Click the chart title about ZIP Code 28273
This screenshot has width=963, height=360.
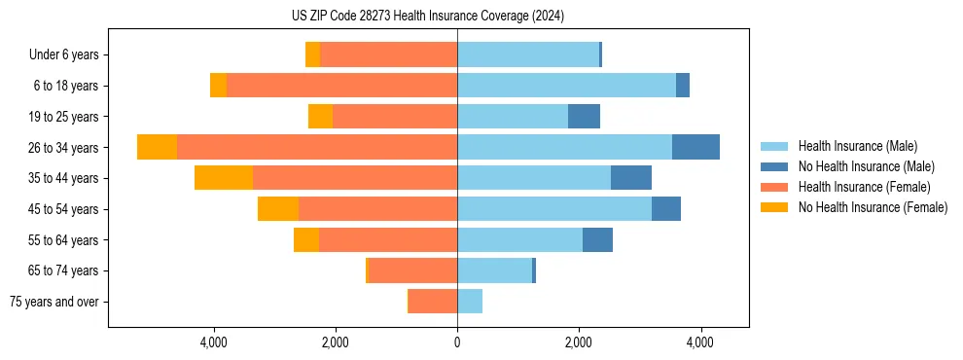pyautogui.click(x=427, y=16)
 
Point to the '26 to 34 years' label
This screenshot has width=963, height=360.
pyautogui.click(x=64, y=148)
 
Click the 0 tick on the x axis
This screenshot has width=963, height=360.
pyautogui.click(x=457, y=342)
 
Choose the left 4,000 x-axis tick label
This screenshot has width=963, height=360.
pyautogui.click(x=213, y=342)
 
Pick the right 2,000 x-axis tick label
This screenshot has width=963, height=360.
pyautogui.click(x=579, y=342)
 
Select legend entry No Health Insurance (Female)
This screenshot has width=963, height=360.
pyautogui.click(x=873, y=207)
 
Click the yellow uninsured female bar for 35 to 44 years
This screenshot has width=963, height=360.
pyautogui.click(x=224, y=178)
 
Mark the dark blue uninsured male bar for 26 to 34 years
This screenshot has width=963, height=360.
pyautogui.click(x=695, y=147)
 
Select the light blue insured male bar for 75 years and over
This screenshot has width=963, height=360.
pyautogui.click(x=470, y=302)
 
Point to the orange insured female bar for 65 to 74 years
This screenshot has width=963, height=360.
pyautogui.click(x=413, y=270)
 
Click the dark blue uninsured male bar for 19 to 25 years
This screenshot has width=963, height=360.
pyautogui.click(x=584, y=117)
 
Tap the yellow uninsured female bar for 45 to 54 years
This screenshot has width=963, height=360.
pyautogui.click(x=278, y=209)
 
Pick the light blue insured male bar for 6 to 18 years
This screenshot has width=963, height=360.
pyautogui.click(x=566, y=86)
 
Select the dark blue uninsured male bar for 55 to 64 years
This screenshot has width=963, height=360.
pyautogui.click(x=597, y=239)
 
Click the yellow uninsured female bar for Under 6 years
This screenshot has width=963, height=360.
pyautogui.click(x=312, y=55)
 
